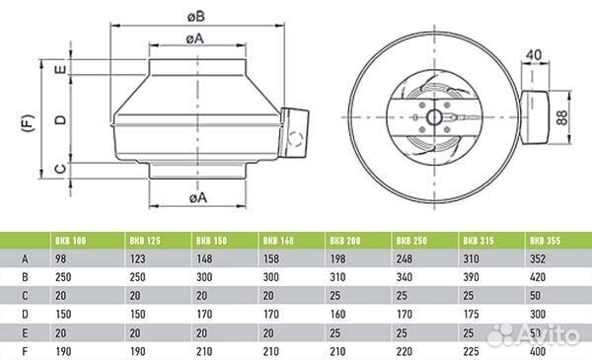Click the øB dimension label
(196, 16)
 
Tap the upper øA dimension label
(194, 38)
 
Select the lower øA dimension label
(198, 197)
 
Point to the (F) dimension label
(29, 123)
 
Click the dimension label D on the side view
(60, 120)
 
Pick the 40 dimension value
(534, 55)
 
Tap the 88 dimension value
(561, 117)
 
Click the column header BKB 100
(71, 241)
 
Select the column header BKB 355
(546, 241)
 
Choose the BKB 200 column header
(345, 241)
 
